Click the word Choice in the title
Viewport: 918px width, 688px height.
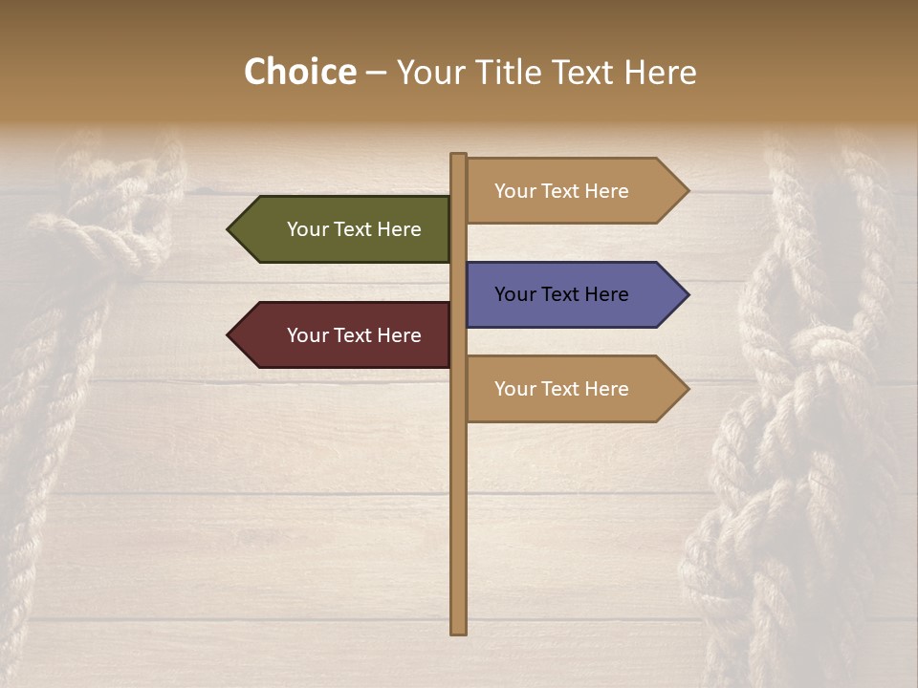click(x=299, y=73)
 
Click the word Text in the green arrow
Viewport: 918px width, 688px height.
click(x=354, y=229)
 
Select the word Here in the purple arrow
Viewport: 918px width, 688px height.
click(x=606, y=294)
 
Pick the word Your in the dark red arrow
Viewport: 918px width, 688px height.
click(x=308, y=335)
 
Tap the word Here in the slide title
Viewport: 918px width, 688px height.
click(x=660, y=73)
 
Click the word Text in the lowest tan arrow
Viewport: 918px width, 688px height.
click(x=561, y=389)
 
